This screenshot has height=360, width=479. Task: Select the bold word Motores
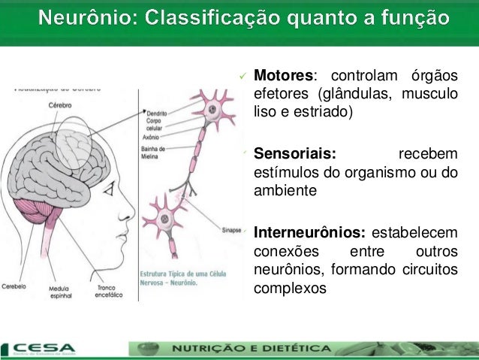[283, 77]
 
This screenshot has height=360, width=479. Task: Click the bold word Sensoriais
[294, 156]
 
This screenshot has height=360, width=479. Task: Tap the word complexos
[291, 286]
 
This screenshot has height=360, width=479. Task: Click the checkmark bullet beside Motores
[243, 77]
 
